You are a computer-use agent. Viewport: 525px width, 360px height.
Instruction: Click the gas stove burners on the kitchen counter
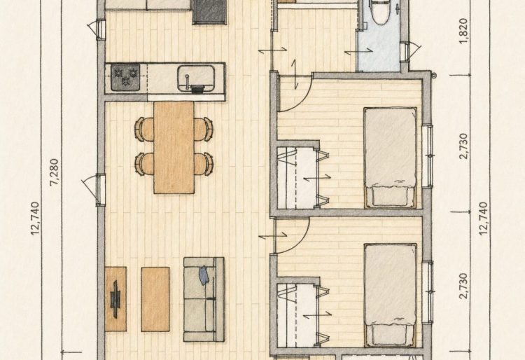pos(125,77)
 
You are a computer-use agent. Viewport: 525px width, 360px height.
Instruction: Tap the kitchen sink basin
pos(196,78)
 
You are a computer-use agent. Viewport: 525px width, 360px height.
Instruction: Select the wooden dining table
pos(174,147)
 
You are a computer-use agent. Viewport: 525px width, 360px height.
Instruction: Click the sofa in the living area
pos(204,299)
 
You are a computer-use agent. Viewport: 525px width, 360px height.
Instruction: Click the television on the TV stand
pos(115,299)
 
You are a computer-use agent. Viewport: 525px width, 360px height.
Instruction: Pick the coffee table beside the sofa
pos(155,299)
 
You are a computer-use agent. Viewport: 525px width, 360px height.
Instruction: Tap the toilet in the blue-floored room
pos(379,12)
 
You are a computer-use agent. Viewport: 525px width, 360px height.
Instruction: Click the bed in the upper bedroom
pos(391,157)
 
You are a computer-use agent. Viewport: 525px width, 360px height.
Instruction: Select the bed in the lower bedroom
pos(391,295)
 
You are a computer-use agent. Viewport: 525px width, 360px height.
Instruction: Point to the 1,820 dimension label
pos(463,31)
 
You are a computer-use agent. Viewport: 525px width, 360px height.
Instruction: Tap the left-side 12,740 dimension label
pos(35,219)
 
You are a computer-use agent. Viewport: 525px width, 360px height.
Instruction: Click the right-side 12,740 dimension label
pos(484,219)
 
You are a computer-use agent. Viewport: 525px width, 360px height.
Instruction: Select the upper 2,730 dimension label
pos(463,146)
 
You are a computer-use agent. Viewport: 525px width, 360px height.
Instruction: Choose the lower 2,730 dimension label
pos(463,286)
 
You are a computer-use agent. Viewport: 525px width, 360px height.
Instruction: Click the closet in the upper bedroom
pos(297,177)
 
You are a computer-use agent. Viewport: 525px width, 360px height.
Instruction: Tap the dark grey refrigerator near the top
pos(209,12)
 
